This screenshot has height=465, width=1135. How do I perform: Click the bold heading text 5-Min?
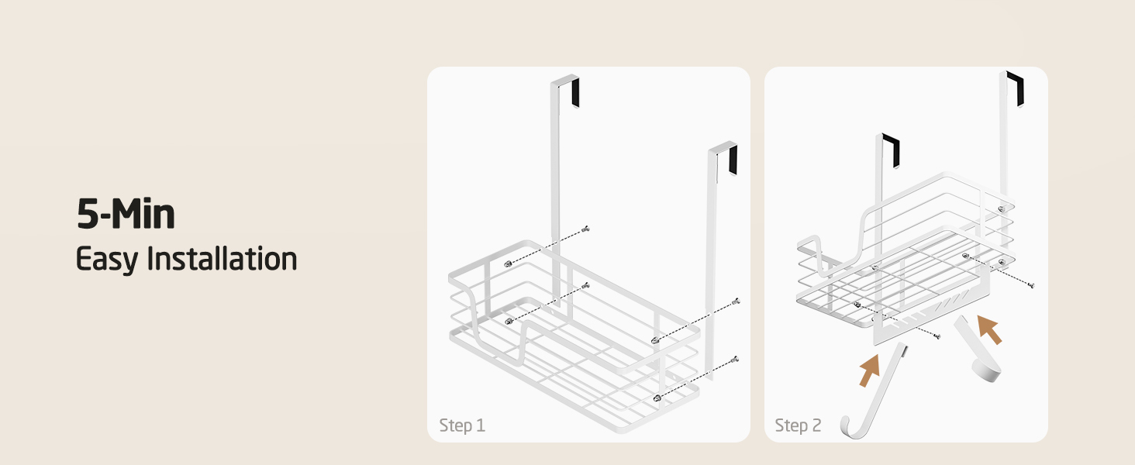click(x=126, y=214)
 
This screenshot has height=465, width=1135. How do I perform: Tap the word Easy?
click(x=106, y=260)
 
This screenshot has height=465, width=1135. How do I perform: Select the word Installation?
click(x=222, y=258)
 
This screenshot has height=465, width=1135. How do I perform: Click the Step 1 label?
click(x=462, y=425)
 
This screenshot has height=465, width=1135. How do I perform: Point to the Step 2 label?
click(x=798, y=425)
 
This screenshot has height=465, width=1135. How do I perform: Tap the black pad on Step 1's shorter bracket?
click(x=733, y=160)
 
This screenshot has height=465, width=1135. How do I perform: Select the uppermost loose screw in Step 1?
click(x=586, y=229)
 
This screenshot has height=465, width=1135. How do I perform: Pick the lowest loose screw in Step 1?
click(x=735, y=360)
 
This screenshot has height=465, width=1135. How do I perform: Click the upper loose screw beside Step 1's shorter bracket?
click(x=737, y=301)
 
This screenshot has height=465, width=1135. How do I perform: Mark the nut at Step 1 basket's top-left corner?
click(x=509, y=264)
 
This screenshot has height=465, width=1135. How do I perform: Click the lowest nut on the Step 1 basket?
click(x=657, y=398)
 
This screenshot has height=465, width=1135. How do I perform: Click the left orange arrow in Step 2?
click(x=870, y=370)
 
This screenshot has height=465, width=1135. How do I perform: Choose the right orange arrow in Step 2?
click(x=989, y=329)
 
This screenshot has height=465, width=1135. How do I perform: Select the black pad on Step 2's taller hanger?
click(x=1016, y=89)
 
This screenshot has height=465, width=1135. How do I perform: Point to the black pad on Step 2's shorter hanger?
click(x=892, y=150)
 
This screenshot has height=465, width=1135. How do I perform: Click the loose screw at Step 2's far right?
click(x=1030, y=285)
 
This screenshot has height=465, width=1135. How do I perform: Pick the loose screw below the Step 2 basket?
click(x=937, y=336)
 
